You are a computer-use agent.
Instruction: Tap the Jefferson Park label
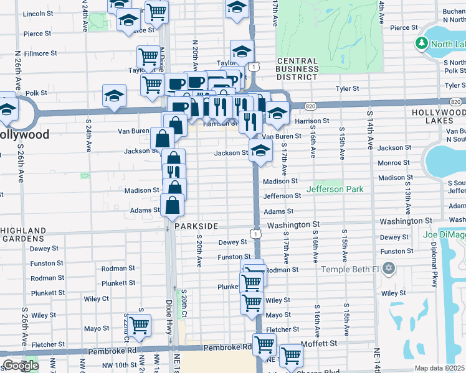[334, 189]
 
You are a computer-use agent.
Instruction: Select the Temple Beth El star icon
[389, 269]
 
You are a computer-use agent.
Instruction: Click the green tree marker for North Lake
[422, 44]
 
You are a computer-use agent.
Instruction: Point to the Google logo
[20, 366]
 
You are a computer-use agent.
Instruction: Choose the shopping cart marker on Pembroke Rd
[265, 344]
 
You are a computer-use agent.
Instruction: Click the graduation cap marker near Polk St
[115, 95]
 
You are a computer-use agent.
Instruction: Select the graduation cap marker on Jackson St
[261, 150]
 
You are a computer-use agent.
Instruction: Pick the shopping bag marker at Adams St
[172, 205]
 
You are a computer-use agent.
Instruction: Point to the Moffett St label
[318, 343]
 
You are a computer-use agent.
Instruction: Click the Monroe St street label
[393, 162]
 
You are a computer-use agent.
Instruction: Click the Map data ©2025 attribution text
[440, 368]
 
